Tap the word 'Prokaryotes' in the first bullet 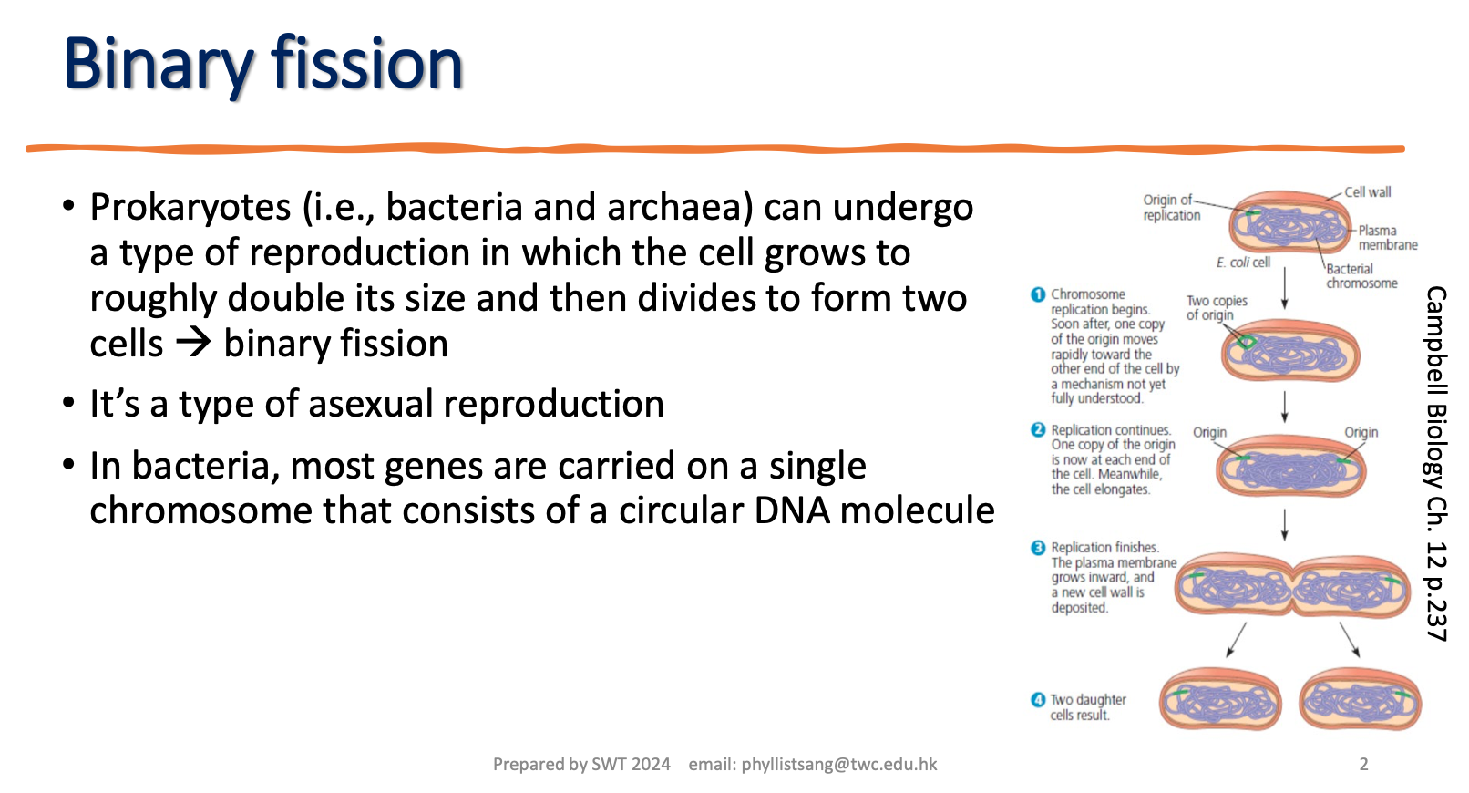tap(190, 208)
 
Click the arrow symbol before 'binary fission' tap(193, 344)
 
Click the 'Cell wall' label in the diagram tap(1367, 192)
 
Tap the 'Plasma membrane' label tap(1387, 238)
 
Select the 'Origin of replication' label tap(1171, 208)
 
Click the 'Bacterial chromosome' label tap(1361, 276)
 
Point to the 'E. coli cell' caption tap(1242, 263)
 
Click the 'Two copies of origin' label tap(1216, 308)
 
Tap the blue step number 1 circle tap(1038, 294)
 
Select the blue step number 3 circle tap(1038, 548)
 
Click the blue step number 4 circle tap(1038, 700)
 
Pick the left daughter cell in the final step tap(1220, 700)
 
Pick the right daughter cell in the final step tap(1360, 700)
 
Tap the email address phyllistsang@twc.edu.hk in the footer tap(838, 765)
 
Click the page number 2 tap(1363, 765)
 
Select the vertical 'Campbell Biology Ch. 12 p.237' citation tap(1435, 463)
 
